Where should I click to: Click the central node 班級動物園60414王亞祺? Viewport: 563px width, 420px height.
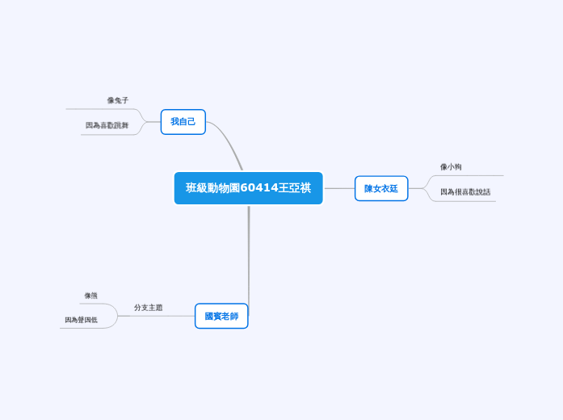248,188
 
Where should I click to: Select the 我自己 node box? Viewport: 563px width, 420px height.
183,122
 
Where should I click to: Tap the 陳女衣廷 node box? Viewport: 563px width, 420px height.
381,188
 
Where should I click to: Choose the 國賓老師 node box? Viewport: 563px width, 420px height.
221,316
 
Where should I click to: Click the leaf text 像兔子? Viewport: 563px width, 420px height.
118,100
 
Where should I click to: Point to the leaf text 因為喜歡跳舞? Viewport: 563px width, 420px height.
107,125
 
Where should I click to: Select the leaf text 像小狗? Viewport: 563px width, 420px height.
451,166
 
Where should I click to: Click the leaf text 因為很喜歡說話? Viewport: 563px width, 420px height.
465,192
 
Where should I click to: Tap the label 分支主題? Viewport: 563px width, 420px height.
149,308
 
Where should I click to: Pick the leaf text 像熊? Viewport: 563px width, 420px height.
91,296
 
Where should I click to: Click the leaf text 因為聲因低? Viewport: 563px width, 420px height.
82,320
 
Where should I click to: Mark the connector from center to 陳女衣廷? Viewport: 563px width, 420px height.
338,188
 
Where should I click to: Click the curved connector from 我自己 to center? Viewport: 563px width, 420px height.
228,142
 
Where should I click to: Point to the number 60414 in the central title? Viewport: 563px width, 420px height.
258,188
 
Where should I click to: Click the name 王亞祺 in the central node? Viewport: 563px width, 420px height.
295,188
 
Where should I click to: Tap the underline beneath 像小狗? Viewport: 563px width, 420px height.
468,175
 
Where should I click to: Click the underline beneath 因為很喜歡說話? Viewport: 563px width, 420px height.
464,201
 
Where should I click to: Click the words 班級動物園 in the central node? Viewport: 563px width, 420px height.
212,188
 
